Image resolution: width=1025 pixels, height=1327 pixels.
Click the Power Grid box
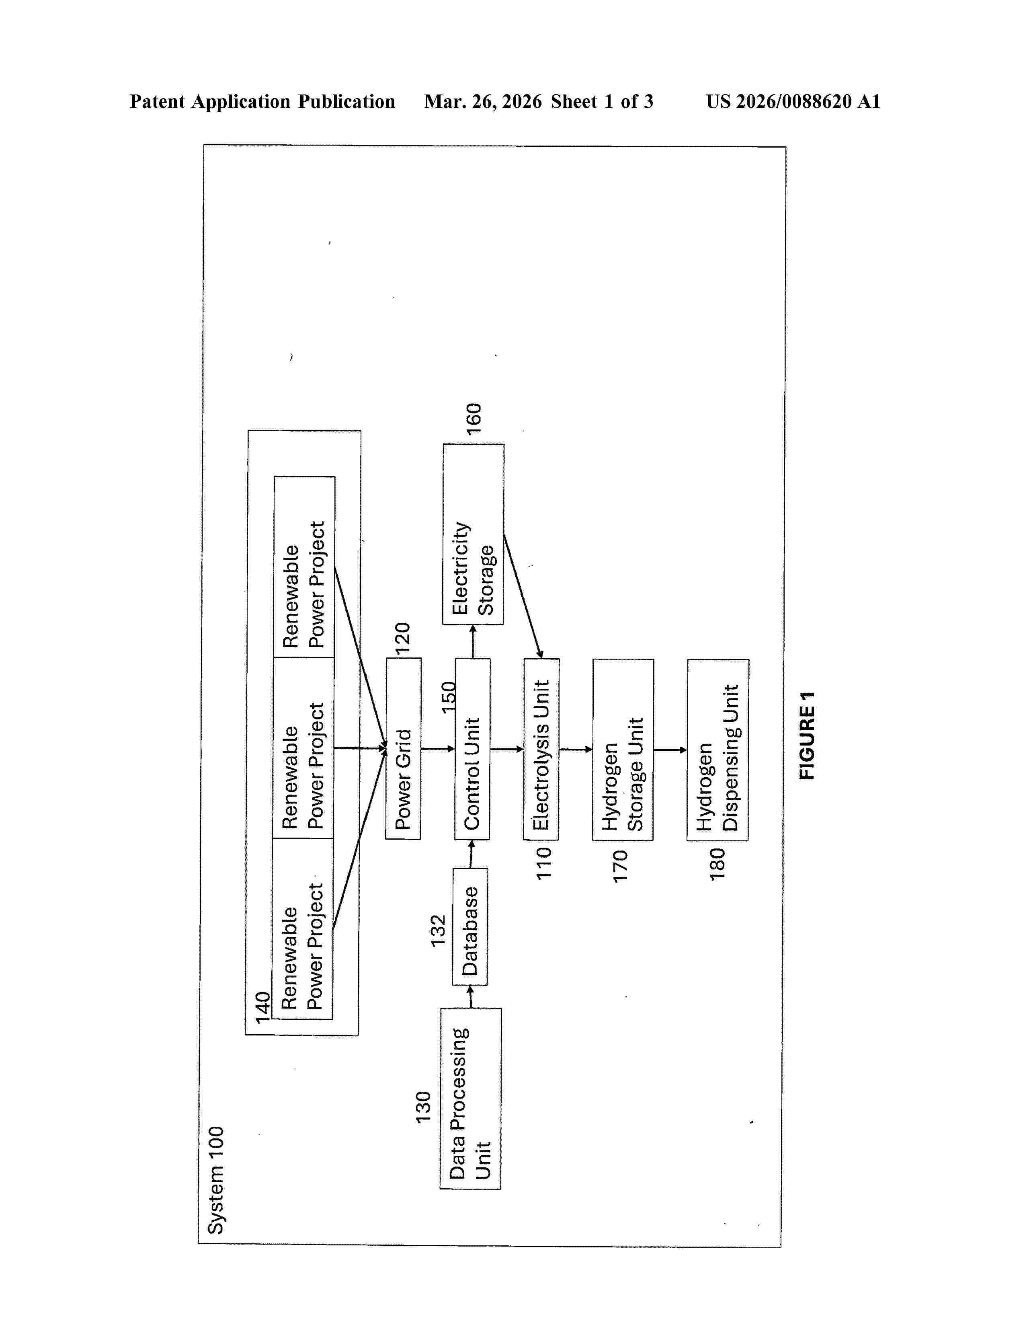pos(403,749)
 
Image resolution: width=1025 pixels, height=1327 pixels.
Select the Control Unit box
pos(472,749)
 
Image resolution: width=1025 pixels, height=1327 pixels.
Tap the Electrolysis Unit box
pos(541,749)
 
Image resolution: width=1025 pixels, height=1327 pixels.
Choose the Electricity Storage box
pos(473,534)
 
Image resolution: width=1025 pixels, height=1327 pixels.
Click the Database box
pos(470,926)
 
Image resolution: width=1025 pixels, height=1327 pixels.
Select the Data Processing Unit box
pos(471,1099)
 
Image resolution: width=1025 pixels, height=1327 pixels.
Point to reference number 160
pos(474,418)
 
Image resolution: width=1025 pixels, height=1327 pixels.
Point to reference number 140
pos(262,1007)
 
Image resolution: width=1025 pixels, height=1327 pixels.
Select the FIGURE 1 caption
pos(806,735)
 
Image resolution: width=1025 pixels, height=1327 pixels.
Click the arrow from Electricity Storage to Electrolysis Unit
pos(522,596)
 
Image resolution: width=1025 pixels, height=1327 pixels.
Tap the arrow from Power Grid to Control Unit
pos(438,749)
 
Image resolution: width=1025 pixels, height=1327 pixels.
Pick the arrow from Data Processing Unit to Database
pos(471,996)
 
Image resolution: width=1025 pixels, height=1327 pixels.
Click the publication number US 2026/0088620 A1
pos(792,101)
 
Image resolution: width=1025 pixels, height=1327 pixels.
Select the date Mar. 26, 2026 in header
pos(483,101)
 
